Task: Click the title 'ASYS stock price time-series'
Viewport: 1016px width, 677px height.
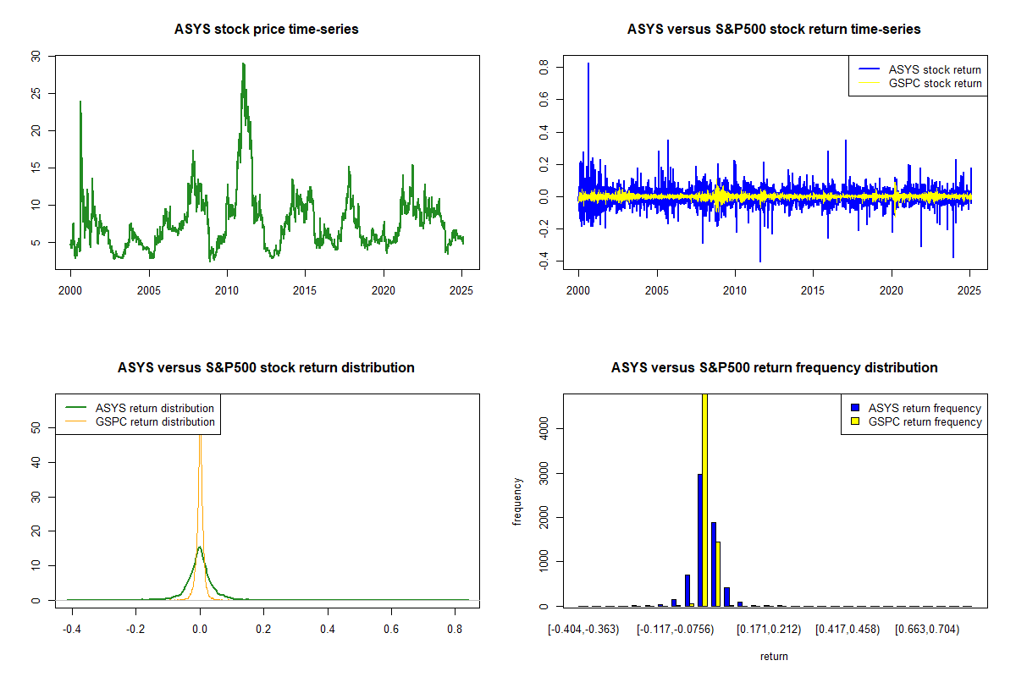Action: point(266,30)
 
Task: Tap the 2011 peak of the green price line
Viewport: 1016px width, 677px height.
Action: point(243,64)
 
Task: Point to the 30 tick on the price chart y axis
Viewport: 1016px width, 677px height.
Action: point(35,56)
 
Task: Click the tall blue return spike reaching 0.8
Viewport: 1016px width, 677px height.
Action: point(588,64)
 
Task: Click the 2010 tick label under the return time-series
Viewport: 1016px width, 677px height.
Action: point(735,290)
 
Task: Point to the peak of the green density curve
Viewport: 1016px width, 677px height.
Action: point(199,548)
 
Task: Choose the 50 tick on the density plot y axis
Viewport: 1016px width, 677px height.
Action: point(35,428)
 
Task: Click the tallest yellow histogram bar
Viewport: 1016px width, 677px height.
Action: point(704,499)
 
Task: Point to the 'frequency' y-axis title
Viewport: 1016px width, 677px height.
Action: point(517,502)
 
